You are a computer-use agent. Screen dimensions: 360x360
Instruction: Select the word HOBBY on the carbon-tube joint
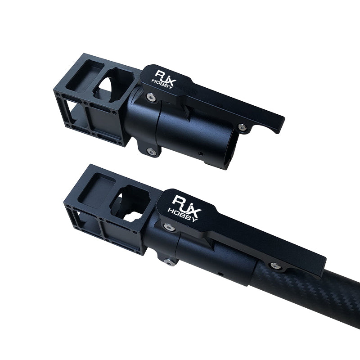click(x=183, y=215)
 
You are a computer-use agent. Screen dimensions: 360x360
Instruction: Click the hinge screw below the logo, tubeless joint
click(x=151, y=97)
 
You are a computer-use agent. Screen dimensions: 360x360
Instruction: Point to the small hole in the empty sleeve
click(x=201, y=153)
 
